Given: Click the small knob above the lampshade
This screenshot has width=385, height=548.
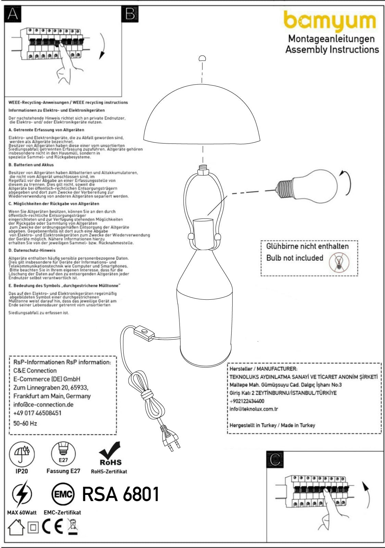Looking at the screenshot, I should tap(202, 58).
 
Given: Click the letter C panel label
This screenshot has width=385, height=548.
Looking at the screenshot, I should tap(275, 459).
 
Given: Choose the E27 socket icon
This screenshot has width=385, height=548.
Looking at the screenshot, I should tap(63, 453).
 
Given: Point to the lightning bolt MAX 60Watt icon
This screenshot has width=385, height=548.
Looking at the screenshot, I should tap(22, 494).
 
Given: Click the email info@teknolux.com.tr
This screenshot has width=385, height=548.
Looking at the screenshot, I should tap(254, 409).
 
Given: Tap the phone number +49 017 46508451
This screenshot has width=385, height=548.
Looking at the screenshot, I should tap(37, 413).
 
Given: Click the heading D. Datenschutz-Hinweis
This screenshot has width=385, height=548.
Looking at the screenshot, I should tap(32, 250).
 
